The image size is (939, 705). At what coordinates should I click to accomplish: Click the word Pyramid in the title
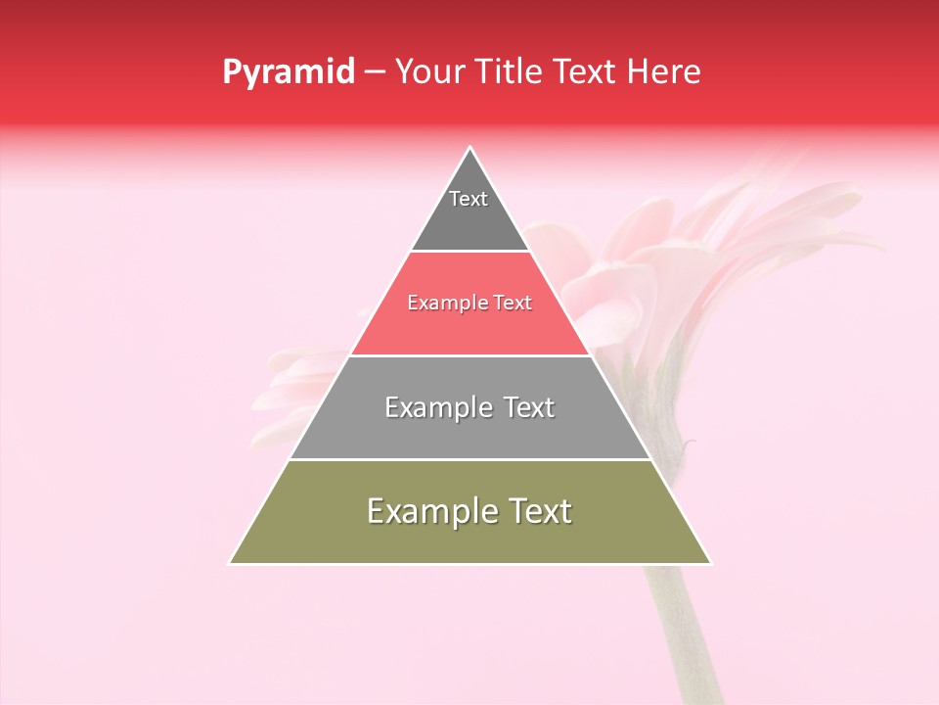tap(288, 72)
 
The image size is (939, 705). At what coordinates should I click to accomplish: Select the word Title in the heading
tap(510, 71)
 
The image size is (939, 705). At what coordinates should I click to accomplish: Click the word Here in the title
tap(663, 71)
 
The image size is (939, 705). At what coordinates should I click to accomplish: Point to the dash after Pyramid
tap(374, 72)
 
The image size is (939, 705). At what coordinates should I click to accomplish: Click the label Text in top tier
tap(469, 199)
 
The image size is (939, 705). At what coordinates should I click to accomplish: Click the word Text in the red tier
tap(513, 303)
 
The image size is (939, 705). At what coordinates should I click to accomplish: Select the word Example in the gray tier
tap(437, 407)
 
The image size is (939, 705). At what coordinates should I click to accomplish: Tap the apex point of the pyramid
tap(470, 148)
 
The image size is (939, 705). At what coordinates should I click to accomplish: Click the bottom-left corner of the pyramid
tap(230, 563)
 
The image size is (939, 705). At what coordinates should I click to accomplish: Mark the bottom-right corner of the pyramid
tap(710, 563)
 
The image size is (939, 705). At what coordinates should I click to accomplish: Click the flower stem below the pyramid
tap(675, 627)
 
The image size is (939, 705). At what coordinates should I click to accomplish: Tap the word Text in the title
tap(584, 71)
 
